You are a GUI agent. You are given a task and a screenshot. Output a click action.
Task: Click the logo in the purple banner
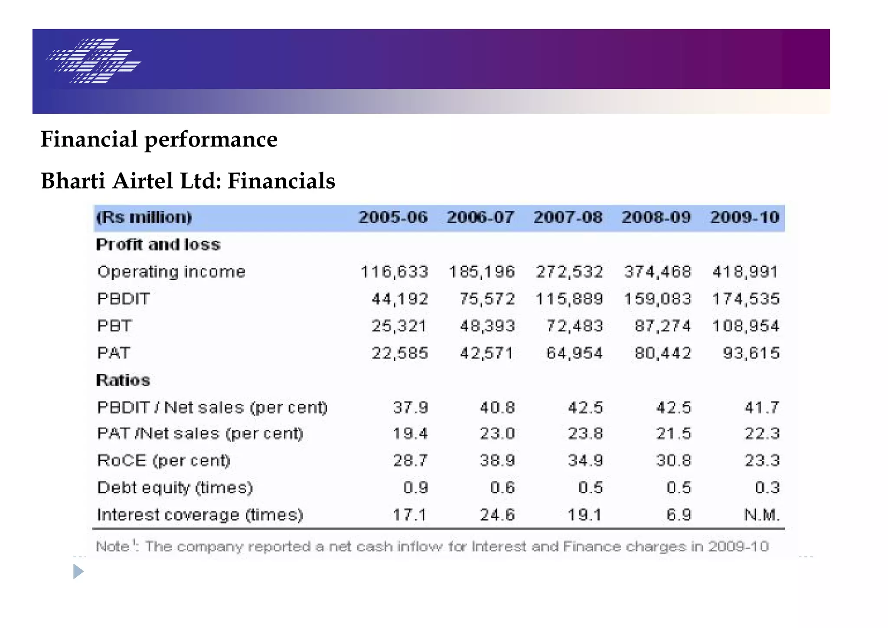(x=94, y=61)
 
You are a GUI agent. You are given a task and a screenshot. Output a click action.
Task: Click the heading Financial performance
(x=159, y=139)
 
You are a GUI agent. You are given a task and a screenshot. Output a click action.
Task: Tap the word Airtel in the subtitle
(x=143, y=181)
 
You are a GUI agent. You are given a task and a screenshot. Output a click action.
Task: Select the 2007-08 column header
(x=568, y=217)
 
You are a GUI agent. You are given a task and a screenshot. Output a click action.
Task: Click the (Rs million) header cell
(x=144, y=217)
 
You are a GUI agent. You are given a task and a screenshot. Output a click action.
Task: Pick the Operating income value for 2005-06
(x=394, y=272)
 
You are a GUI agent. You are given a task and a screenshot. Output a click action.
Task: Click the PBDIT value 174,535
(x=745, y=299)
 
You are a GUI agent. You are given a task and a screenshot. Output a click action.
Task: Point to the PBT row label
(x=114, y=326)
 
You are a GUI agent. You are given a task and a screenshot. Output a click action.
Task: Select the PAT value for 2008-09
(x=663, y=353)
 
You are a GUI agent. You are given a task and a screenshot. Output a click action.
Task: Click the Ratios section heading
(x=123, y=380)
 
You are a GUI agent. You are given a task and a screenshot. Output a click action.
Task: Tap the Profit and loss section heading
(x=158, y=245)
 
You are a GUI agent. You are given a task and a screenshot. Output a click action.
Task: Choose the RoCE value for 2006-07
(x=497, y=461)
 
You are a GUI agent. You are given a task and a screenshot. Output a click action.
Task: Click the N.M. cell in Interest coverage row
(x=762, y=515)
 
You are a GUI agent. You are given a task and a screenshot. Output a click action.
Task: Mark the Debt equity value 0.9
(x=415, y=488)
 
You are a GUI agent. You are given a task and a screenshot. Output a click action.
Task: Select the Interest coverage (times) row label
(x=200, y=515)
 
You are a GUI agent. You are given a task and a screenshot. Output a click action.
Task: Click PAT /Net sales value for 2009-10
(x=762, y=434)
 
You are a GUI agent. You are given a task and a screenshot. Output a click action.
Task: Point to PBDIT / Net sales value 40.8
(x=497, y=408)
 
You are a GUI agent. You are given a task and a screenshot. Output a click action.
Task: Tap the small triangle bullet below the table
(x=78, y=572)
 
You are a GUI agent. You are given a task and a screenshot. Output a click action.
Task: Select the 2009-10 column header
(x=744, y=217)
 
